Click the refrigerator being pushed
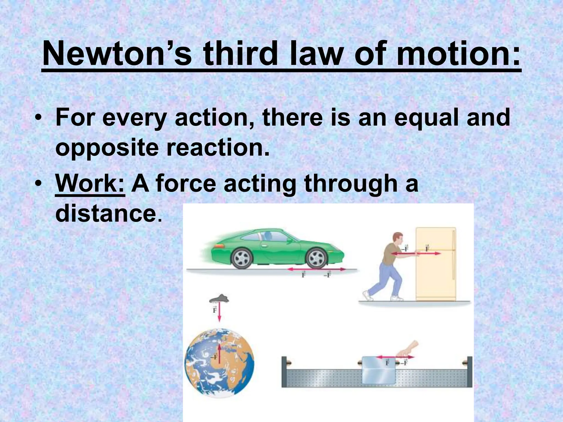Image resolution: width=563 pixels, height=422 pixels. pos(436,264)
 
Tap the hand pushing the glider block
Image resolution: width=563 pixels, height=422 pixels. pos(408,349)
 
